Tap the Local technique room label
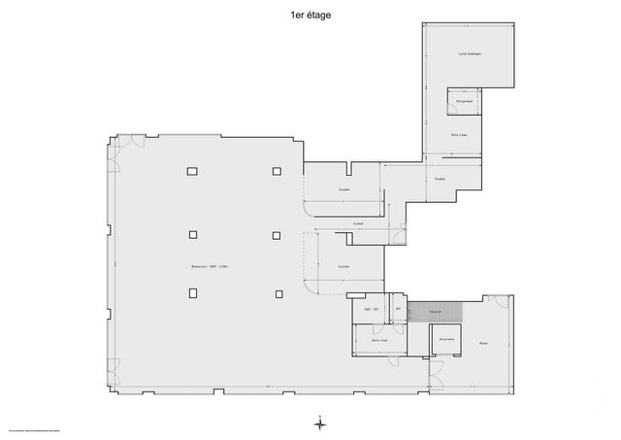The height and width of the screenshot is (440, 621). click(x=470, y=54)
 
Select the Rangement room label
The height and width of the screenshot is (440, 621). click(x=465, y=99)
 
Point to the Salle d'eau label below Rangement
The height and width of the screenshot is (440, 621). click(x=460, y=134)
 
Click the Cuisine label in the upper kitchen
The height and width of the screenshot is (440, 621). click(x=343, y=189)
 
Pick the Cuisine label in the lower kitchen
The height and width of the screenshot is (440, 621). click(x=343, y=266)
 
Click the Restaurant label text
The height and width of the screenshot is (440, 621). click(x=210, y=266)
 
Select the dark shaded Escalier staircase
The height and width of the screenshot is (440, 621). click(x=435, y=312)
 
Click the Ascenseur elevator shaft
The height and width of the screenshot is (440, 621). click(x=446, y=339)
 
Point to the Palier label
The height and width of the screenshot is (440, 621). click(x=482, y=343)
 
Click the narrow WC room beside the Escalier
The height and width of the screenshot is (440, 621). click(x=398, y=310)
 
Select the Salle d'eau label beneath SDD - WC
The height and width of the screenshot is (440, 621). click(x=379, y=340)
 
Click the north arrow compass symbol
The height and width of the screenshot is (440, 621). click(x=319, y=423)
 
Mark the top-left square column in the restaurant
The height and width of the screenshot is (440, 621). click(x=192, y=171)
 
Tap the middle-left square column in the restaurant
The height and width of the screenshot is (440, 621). click(x=192, y=233)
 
